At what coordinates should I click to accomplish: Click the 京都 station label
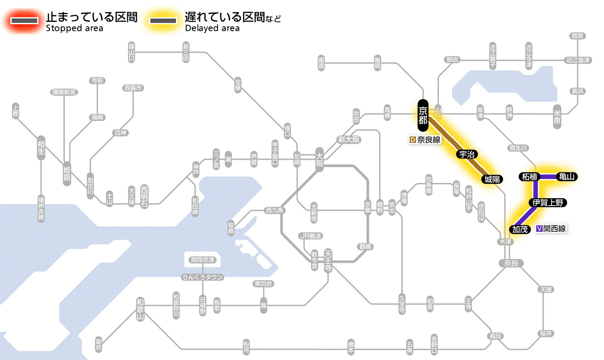pyautogui.click(x=423, y=115)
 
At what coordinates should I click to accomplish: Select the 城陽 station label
pyautogui.click(x=492, y=179)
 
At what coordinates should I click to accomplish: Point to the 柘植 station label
pyautogui.click(x=529, y=177)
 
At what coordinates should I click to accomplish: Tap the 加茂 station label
pyautogui.click(x=520, y=229)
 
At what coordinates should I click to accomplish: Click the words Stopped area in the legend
pyautogui.click(x=74, y=28)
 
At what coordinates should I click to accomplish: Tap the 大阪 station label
pyautogui.click(x=319, y=160)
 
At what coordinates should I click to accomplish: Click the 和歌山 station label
pyautogui.click(x=140, y=309)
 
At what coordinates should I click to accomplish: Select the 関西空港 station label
pyautogui.click(x=202, y=259)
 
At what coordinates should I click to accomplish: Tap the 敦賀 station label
pyautogui.click(x=578, y=36)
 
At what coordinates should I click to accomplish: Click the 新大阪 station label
pyautogui.click(x=349, y=139)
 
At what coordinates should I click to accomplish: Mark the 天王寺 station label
pyautogui.click(x=328, y=260)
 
